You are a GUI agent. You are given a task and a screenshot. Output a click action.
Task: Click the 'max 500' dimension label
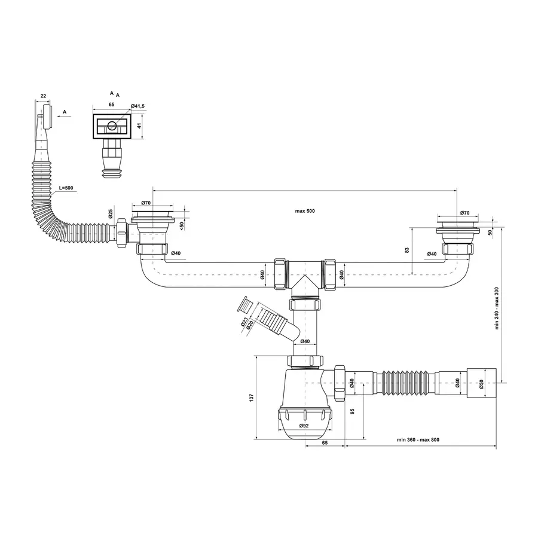click(x=305, y=211)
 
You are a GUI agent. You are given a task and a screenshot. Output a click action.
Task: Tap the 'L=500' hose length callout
click(x=66, y=188)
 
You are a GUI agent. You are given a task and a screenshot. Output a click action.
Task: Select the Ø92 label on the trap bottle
click(x=304, y=426)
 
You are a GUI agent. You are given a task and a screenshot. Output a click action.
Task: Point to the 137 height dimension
click(x=251, y=398)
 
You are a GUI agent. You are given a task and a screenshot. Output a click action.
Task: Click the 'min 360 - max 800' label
click(x=418, y=439)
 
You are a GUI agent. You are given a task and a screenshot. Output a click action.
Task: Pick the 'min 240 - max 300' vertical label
click(x=497, y=308)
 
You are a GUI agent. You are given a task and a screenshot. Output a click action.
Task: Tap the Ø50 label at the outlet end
click(x=481, y=383)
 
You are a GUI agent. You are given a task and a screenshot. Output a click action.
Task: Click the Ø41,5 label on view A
click(x=137, y=106)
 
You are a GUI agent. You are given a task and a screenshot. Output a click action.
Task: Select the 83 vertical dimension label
click(x=407, y=250)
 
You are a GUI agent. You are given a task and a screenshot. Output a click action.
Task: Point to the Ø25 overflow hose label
click(x=111, y=214)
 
